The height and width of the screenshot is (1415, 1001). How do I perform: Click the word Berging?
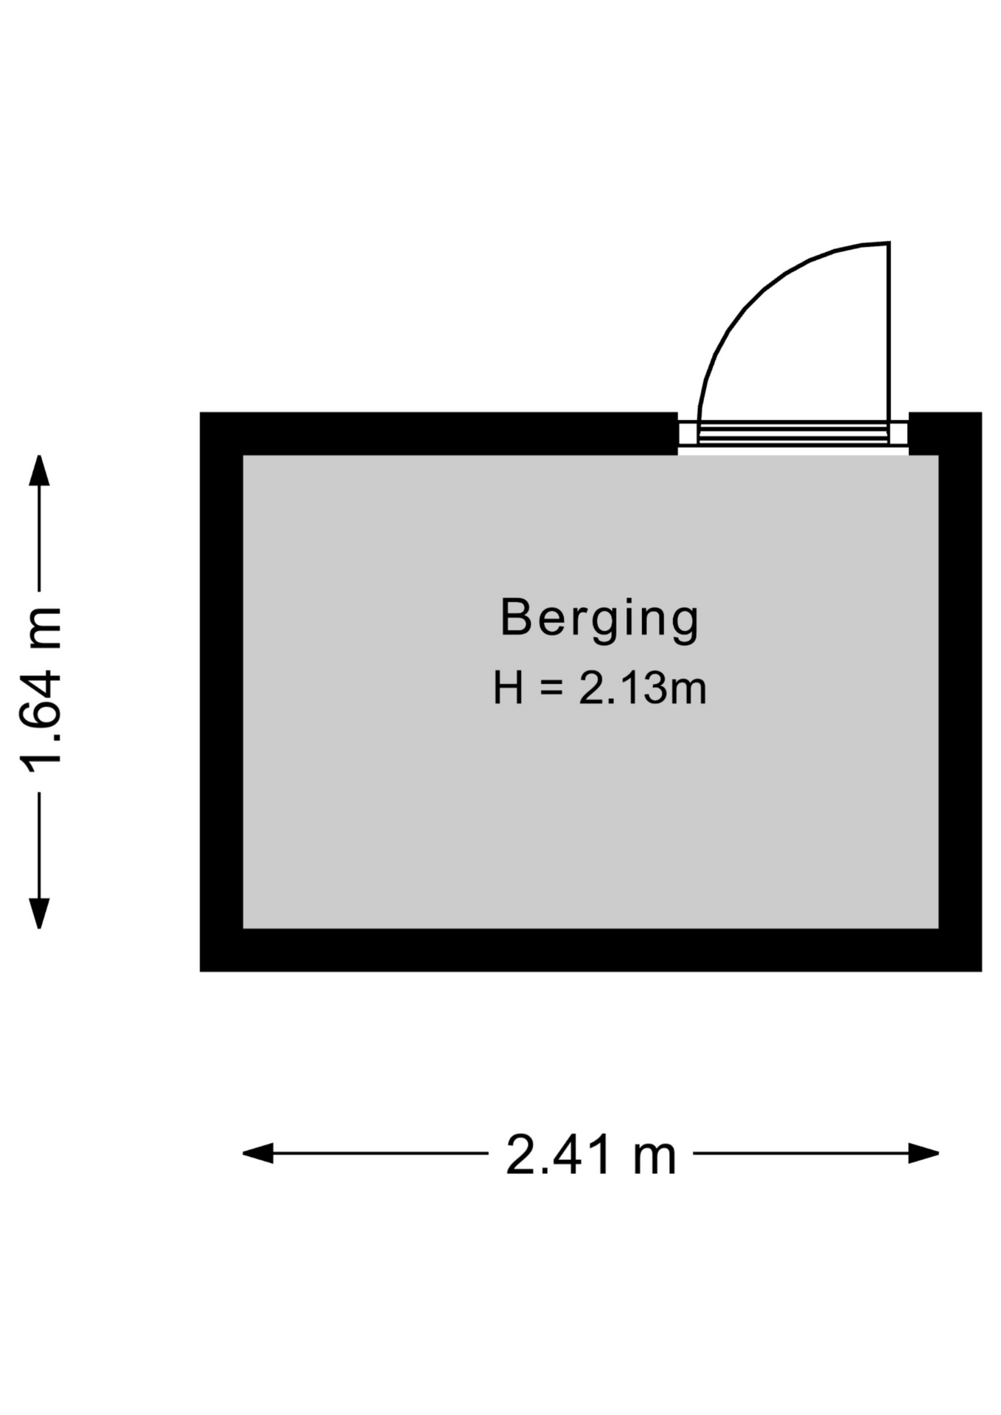(x=599, y=620)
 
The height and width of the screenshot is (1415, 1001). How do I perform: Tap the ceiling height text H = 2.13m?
(x=599, y=689)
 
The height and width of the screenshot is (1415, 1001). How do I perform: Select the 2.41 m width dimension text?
(x=590, y=1155)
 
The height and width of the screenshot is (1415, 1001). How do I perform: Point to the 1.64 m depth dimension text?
(x=41, y=689)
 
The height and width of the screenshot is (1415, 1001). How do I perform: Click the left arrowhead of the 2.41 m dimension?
(x=257, y=1153)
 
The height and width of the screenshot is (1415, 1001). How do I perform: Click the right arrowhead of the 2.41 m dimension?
(x=924, y=1153)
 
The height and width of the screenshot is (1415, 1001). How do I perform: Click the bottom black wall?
(x=590, y=950)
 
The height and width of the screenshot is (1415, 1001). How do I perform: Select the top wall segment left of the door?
(x=439, y=433)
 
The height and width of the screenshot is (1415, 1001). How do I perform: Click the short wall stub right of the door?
(x=944, y=433)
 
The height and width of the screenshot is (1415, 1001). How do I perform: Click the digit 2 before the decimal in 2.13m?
(x=590, y=689)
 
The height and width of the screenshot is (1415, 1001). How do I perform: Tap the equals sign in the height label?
(x=551, y=689)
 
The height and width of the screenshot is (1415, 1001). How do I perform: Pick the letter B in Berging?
(x=515, y=617)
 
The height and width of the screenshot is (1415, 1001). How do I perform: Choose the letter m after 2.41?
(x=655, y=1157)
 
